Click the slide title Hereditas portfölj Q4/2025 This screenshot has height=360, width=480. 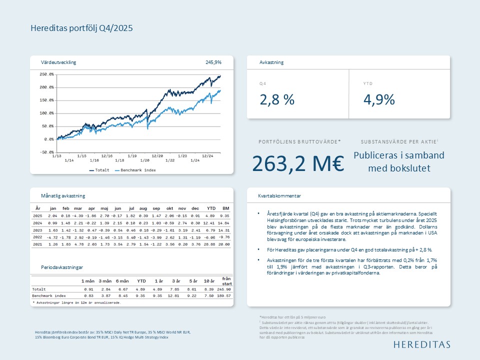coord(81,28)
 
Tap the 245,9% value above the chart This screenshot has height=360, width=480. coord(213,62)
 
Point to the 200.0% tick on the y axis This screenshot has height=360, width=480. coord(46,87)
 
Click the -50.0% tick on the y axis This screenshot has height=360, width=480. coord(46,152)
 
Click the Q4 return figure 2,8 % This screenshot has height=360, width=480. coord(277,99)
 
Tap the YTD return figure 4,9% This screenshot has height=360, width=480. coord(379,99)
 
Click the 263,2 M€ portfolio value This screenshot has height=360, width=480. coord(298,163)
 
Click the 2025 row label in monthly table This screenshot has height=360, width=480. coord(37,216)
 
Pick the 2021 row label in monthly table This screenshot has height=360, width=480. coord(37,244)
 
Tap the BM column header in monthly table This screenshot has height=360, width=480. coord(225,207)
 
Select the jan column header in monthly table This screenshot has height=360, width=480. coord(53,207)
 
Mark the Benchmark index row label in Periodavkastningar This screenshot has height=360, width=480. coord(49,296)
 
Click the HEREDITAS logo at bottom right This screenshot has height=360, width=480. coord(421,344)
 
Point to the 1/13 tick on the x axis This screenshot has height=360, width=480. coord(56,156)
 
